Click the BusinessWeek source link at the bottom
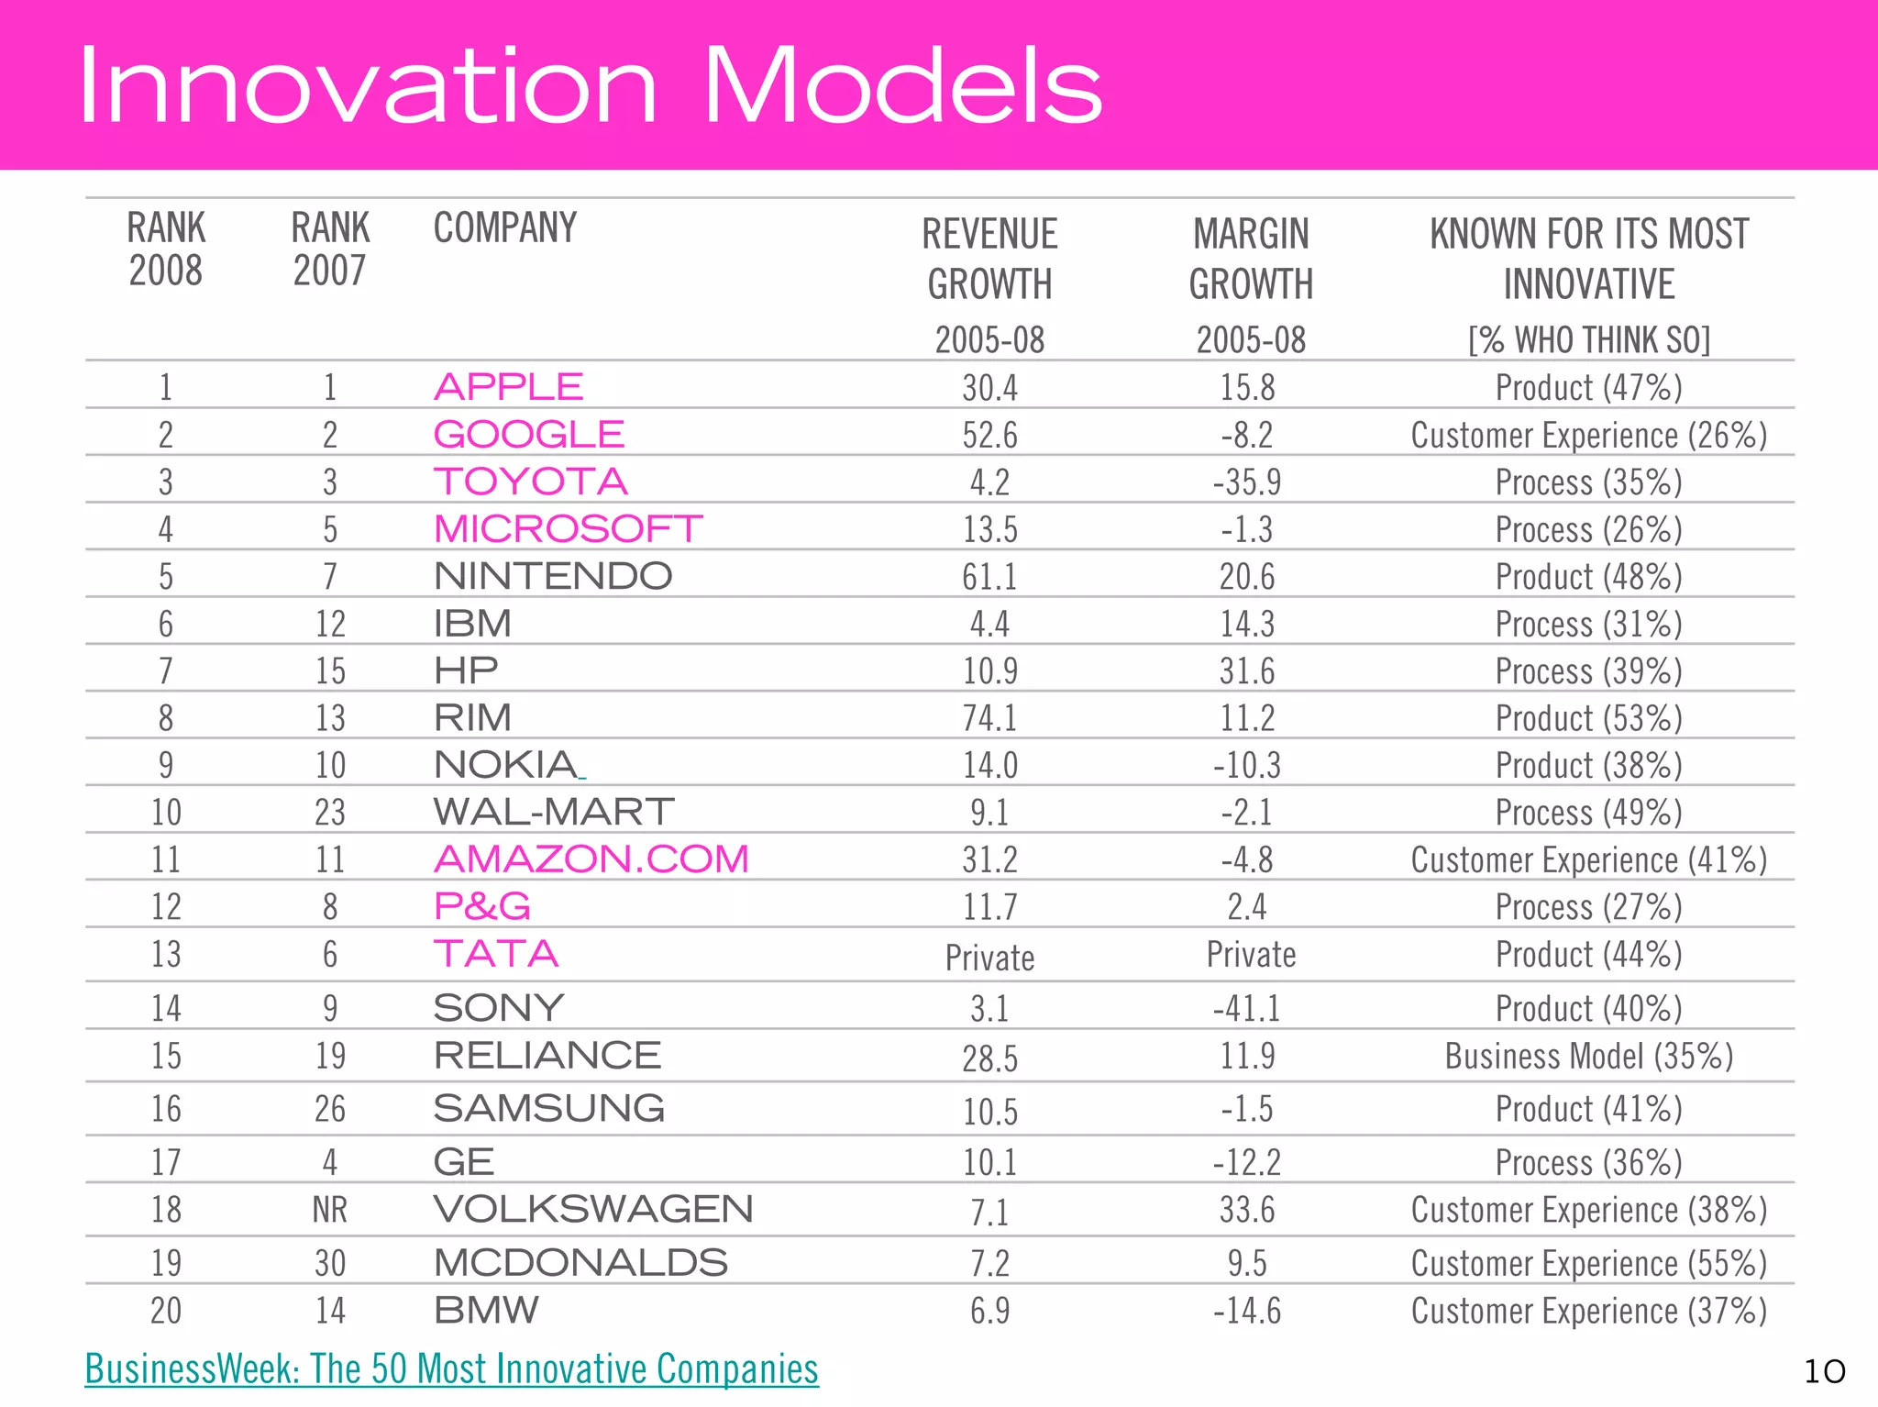point(451,1368)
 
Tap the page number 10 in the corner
point(1824,1372)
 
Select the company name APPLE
point(508,387)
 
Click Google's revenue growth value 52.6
point(989,435)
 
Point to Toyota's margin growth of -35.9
point(1247,482)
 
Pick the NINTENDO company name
point(553,577)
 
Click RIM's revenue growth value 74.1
point(989,718)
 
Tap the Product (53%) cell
point(1588,718)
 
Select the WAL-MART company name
point(554,813)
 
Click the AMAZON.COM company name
point(591,859)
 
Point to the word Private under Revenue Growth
point(989,958)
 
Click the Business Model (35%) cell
point(1588,1056)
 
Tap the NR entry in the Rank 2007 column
point(330,1210)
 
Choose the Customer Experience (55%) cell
point(1588,1263)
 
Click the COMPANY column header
point(504,227)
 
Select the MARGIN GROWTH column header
point(1251,259)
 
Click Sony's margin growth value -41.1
point(1247,1009)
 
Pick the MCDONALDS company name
point(580,1263)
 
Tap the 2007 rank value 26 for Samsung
point(330,1109)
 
